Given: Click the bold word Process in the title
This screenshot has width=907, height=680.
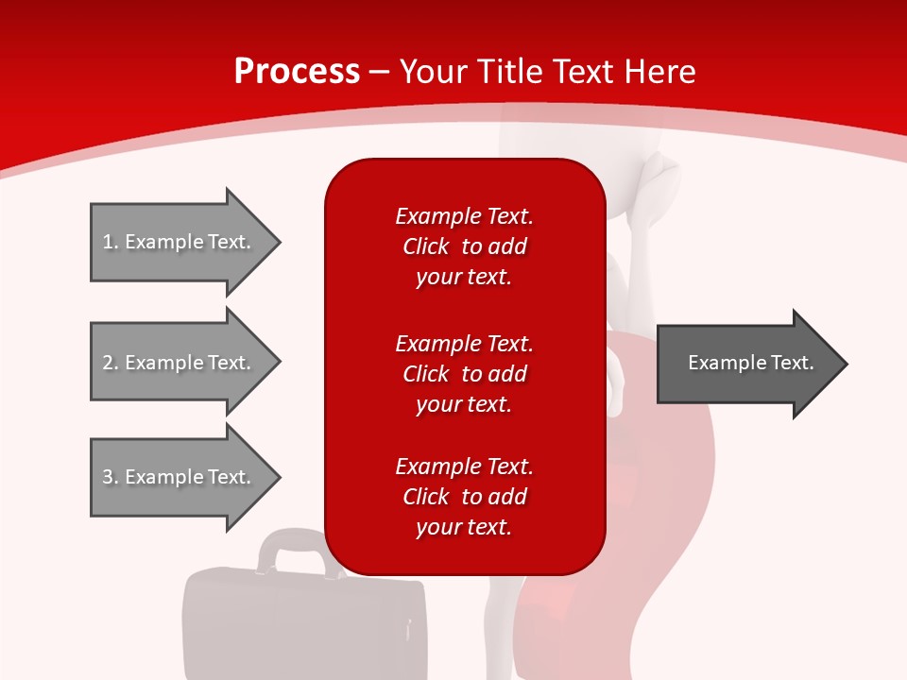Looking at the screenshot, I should point(297,72).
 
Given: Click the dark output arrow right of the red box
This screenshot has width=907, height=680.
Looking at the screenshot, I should point(746,364).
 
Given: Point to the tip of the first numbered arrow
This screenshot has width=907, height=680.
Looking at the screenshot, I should point(278,242).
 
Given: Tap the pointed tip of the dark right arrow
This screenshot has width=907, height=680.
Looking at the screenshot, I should point(845,364).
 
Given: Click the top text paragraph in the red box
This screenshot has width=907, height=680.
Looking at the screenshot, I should point(464,246).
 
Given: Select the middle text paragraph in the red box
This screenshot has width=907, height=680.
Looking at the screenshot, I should point(464,374).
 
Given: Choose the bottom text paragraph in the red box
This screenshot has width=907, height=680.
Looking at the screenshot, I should point(464,497).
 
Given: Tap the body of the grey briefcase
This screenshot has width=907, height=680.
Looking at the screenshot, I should point(302,623).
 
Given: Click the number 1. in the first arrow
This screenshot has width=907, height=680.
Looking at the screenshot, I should point(110,242).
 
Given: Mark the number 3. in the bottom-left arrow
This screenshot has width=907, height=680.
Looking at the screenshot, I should point(110,477).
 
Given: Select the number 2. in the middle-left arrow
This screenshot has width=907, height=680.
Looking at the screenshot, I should point(110,363).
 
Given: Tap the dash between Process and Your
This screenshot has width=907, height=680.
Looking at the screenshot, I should point(379,72).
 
